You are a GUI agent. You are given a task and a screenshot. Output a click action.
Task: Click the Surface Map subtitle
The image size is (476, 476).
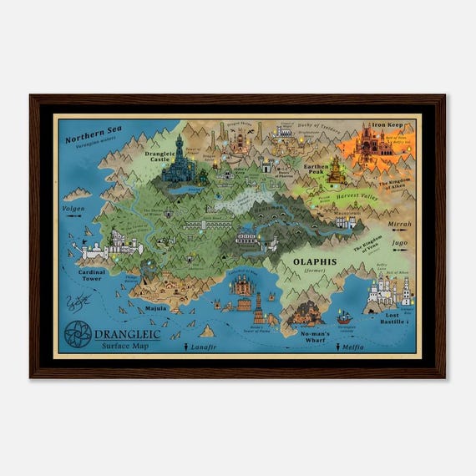click(122, 346)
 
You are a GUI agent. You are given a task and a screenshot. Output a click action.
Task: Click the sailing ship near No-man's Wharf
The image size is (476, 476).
click(342, 317)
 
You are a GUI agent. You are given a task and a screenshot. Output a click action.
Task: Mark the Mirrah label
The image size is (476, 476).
click(400, 225)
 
